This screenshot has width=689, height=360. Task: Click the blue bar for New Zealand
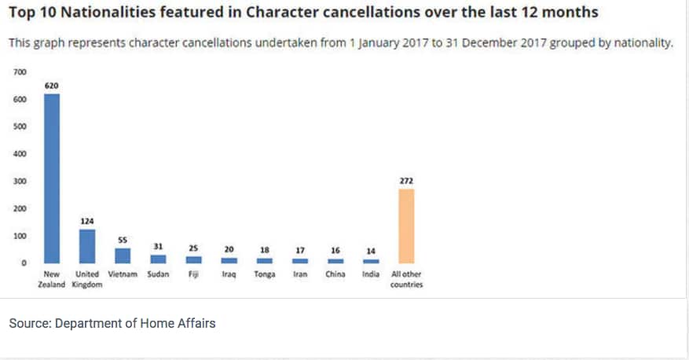(x=52, y=178)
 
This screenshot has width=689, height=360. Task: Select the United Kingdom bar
(x=87, y=246)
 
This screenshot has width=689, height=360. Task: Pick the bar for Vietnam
(x=123, y=255)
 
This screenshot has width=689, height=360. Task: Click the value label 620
(x=52, y=85)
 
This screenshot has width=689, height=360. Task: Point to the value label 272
(x=406, y=181)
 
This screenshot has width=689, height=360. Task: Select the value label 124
(x=87, y=221)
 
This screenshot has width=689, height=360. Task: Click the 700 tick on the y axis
(x=20, y=72)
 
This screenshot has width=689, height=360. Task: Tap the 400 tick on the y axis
(x=20, y=154)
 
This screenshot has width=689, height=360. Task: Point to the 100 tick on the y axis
(x=20, y=236)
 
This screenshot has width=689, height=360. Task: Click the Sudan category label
(x=158, y=274)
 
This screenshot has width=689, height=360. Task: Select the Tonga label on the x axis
(x=264, y=274)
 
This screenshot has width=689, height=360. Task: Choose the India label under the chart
(x=371, y=274)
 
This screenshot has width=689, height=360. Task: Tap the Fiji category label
(x=193, y=274)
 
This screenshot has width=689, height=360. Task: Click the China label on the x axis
(x=335, y=274)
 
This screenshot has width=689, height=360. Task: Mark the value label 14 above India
(x=371, y=251)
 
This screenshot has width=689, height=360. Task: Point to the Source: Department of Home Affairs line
(x=112, y=323)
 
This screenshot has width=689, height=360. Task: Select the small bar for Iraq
(x=229, y=260)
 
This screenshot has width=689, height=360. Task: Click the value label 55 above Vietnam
(x=123, y=239)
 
